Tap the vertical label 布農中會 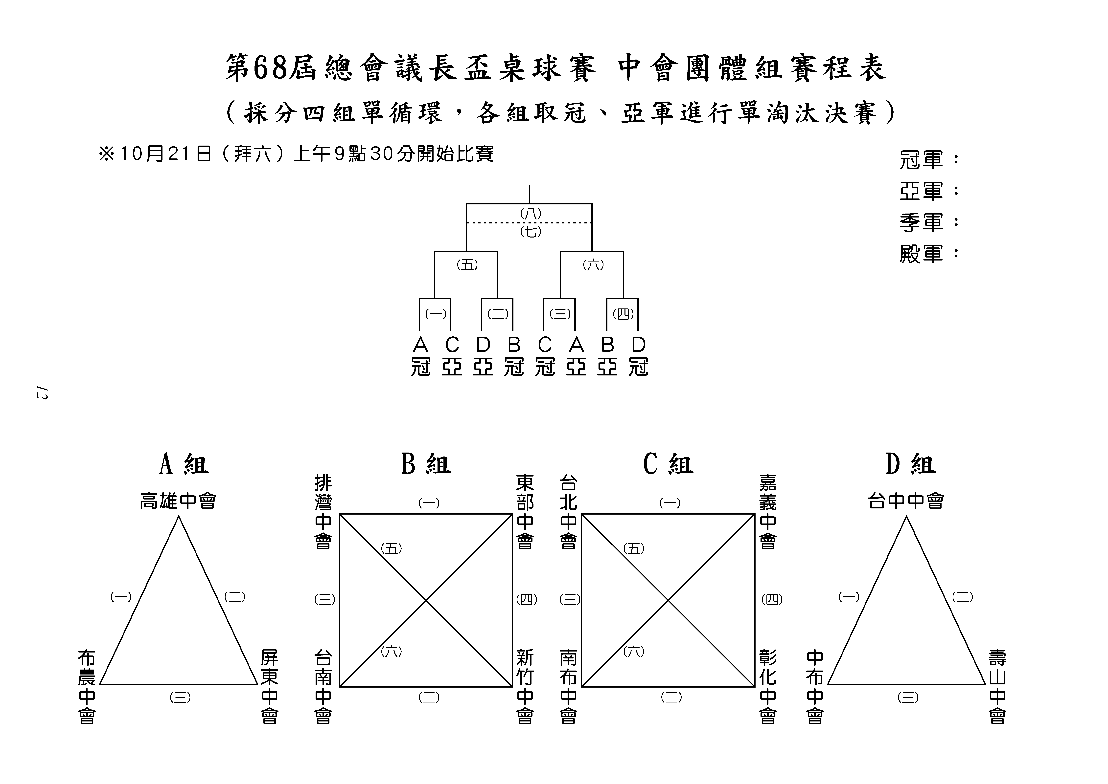(x=87, y=686)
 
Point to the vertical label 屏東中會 (x=269, y=686)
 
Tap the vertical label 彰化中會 (x=768, y=686)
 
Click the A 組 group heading (x=184, y=464)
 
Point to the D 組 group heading (x=911, y=464)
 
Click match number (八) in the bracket (x=531, y=213)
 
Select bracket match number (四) (x=623, y=314)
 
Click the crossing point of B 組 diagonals (x=426, y=600)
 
